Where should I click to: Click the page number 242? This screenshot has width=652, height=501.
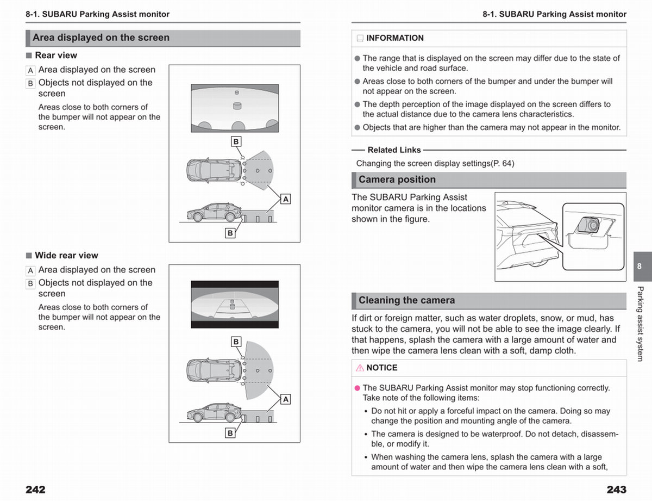click(x=35, y=490)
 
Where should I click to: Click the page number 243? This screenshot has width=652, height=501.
click(x=616, y=490)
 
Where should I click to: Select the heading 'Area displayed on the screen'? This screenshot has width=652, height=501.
click(x=101, y=38)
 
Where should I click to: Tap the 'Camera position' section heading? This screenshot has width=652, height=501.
click(x=397, y=180)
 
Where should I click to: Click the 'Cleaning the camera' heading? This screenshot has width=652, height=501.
click(x=407, y=300)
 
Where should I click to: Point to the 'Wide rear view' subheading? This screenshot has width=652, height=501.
click(x=66, y=255)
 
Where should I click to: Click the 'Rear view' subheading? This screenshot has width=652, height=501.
click(x=56, y=55)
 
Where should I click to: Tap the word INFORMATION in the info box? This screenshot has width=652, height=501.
click(x=395, y=38)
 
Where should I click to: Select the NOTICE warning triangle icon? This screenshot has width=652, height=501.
click(x=360, y=368)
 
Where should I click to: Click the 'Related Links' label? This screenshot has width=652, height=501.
click(x=394, y=150)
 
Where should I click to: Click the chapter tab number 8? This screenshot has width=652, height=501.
click(x=640, y=266)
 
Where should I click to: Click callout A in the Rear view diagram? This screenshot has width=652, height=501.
click(x=285, y=199)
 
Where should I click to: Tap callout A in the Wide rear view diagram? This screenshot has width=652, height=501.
click(x=285, y=399)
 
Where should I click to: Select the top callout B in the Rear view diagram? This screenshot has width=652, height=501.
click(x=236, y=141)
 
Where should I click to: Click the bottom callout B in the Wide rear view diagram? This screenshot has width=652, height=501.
click(x=230, y=433)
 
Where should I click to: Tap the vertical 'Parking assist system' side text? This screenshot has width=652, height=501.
click(x=640, y=324)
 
